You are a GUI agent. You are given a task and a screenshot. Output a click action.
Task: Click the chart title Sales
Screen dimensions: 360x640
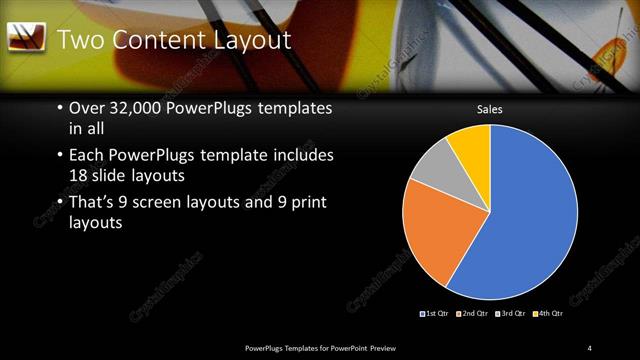[489, 109]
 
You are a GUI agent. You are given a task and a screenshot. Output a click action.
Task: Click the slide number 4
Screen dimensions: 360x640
[589, 347]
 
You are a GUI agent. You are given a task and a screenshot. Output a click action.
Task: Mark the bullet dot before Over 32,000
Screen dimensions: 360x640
[60, 108]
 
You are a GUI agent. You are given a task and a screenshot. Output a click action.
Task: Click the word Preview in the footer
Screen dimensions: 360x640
[396, 347]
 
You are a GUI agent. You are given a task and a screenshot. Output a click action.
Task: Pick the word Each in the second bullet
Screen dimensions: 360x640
[86, 156]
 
